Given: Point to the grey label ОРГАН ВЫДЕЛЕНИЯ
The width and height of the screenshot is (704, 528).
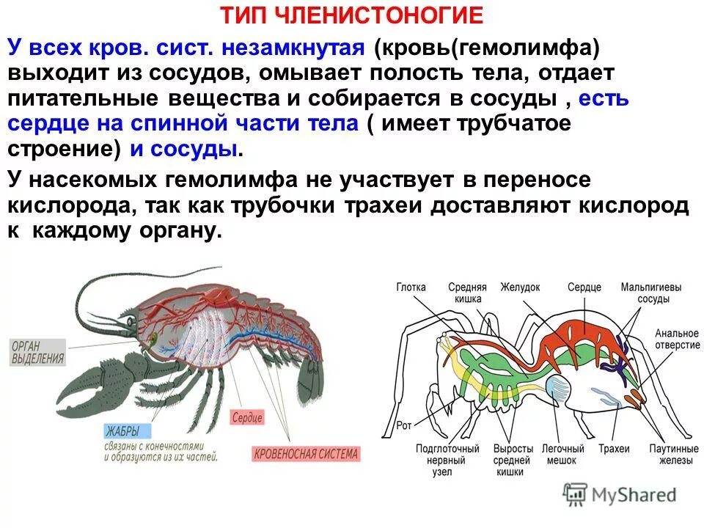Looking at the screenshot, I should point(37,353).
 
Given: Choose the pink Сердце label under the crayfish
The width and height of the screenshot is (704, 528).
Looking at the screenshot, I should point(246,417).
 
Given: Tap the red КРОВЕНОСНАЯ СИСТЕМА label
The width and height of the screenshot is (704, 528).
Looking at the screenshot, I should point(306,453).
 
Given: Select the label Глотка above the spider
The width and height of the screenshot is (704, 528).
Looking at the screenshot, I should point(411,287).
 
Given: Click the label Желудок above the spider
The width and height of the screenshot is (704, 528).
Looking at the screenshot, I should point(520,287).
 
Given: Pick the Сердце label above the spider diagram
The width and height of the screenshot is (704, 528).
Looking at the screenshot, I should point(584,287).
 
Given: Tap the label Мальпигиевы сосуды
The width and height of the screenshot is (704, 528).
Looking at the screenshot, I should point(651,293).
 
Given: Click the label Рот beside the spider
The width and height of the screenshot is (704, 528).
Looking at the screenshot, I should point(404,424).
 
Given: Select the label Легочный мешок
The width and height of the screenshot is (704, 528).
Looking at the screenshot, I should point(562,455).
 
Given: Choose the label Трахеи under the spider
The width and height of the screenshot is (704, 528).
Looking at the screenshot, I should point(613,449).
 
